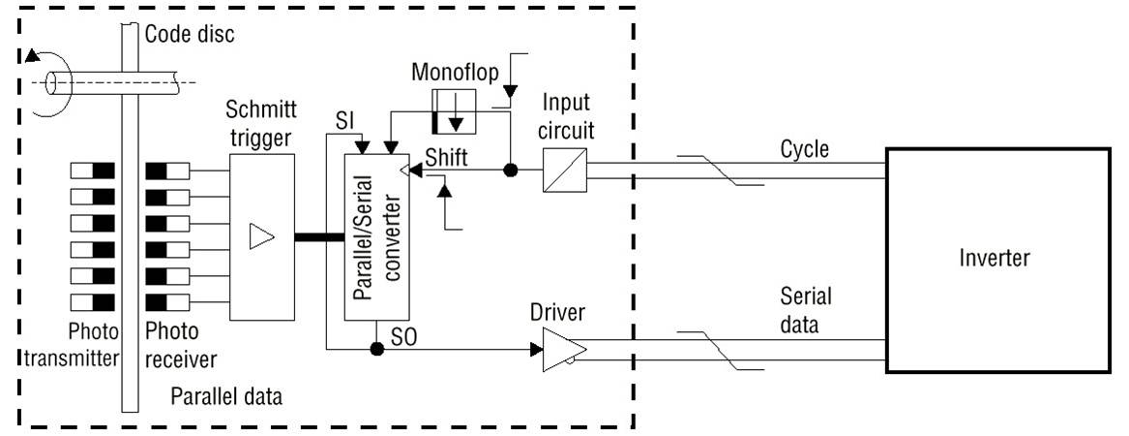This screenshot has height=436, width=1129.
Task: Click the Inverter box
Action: point(996,259)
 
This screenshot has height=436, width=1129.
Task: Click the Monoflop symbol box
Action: point(449,109)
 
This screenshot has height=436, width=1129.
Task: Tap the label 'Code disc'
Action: point(190,35)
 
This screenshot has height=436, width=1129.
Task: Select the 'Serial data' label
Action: point(806,311)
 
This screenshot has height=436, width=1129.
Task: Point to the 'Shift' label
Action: point(443,155)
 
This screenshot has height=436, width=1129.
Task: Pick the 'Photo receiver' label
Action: point(180,345)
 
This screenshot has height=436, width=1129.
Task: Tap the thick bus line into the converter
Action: point(317,236)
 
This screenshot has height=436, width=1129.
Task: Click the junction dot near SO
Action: point(377,348)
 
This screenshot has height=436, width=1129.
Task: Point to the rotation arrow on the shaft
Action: point(39,55)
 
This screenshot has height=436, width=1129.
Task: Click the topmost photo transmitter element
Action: point(93,171)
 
